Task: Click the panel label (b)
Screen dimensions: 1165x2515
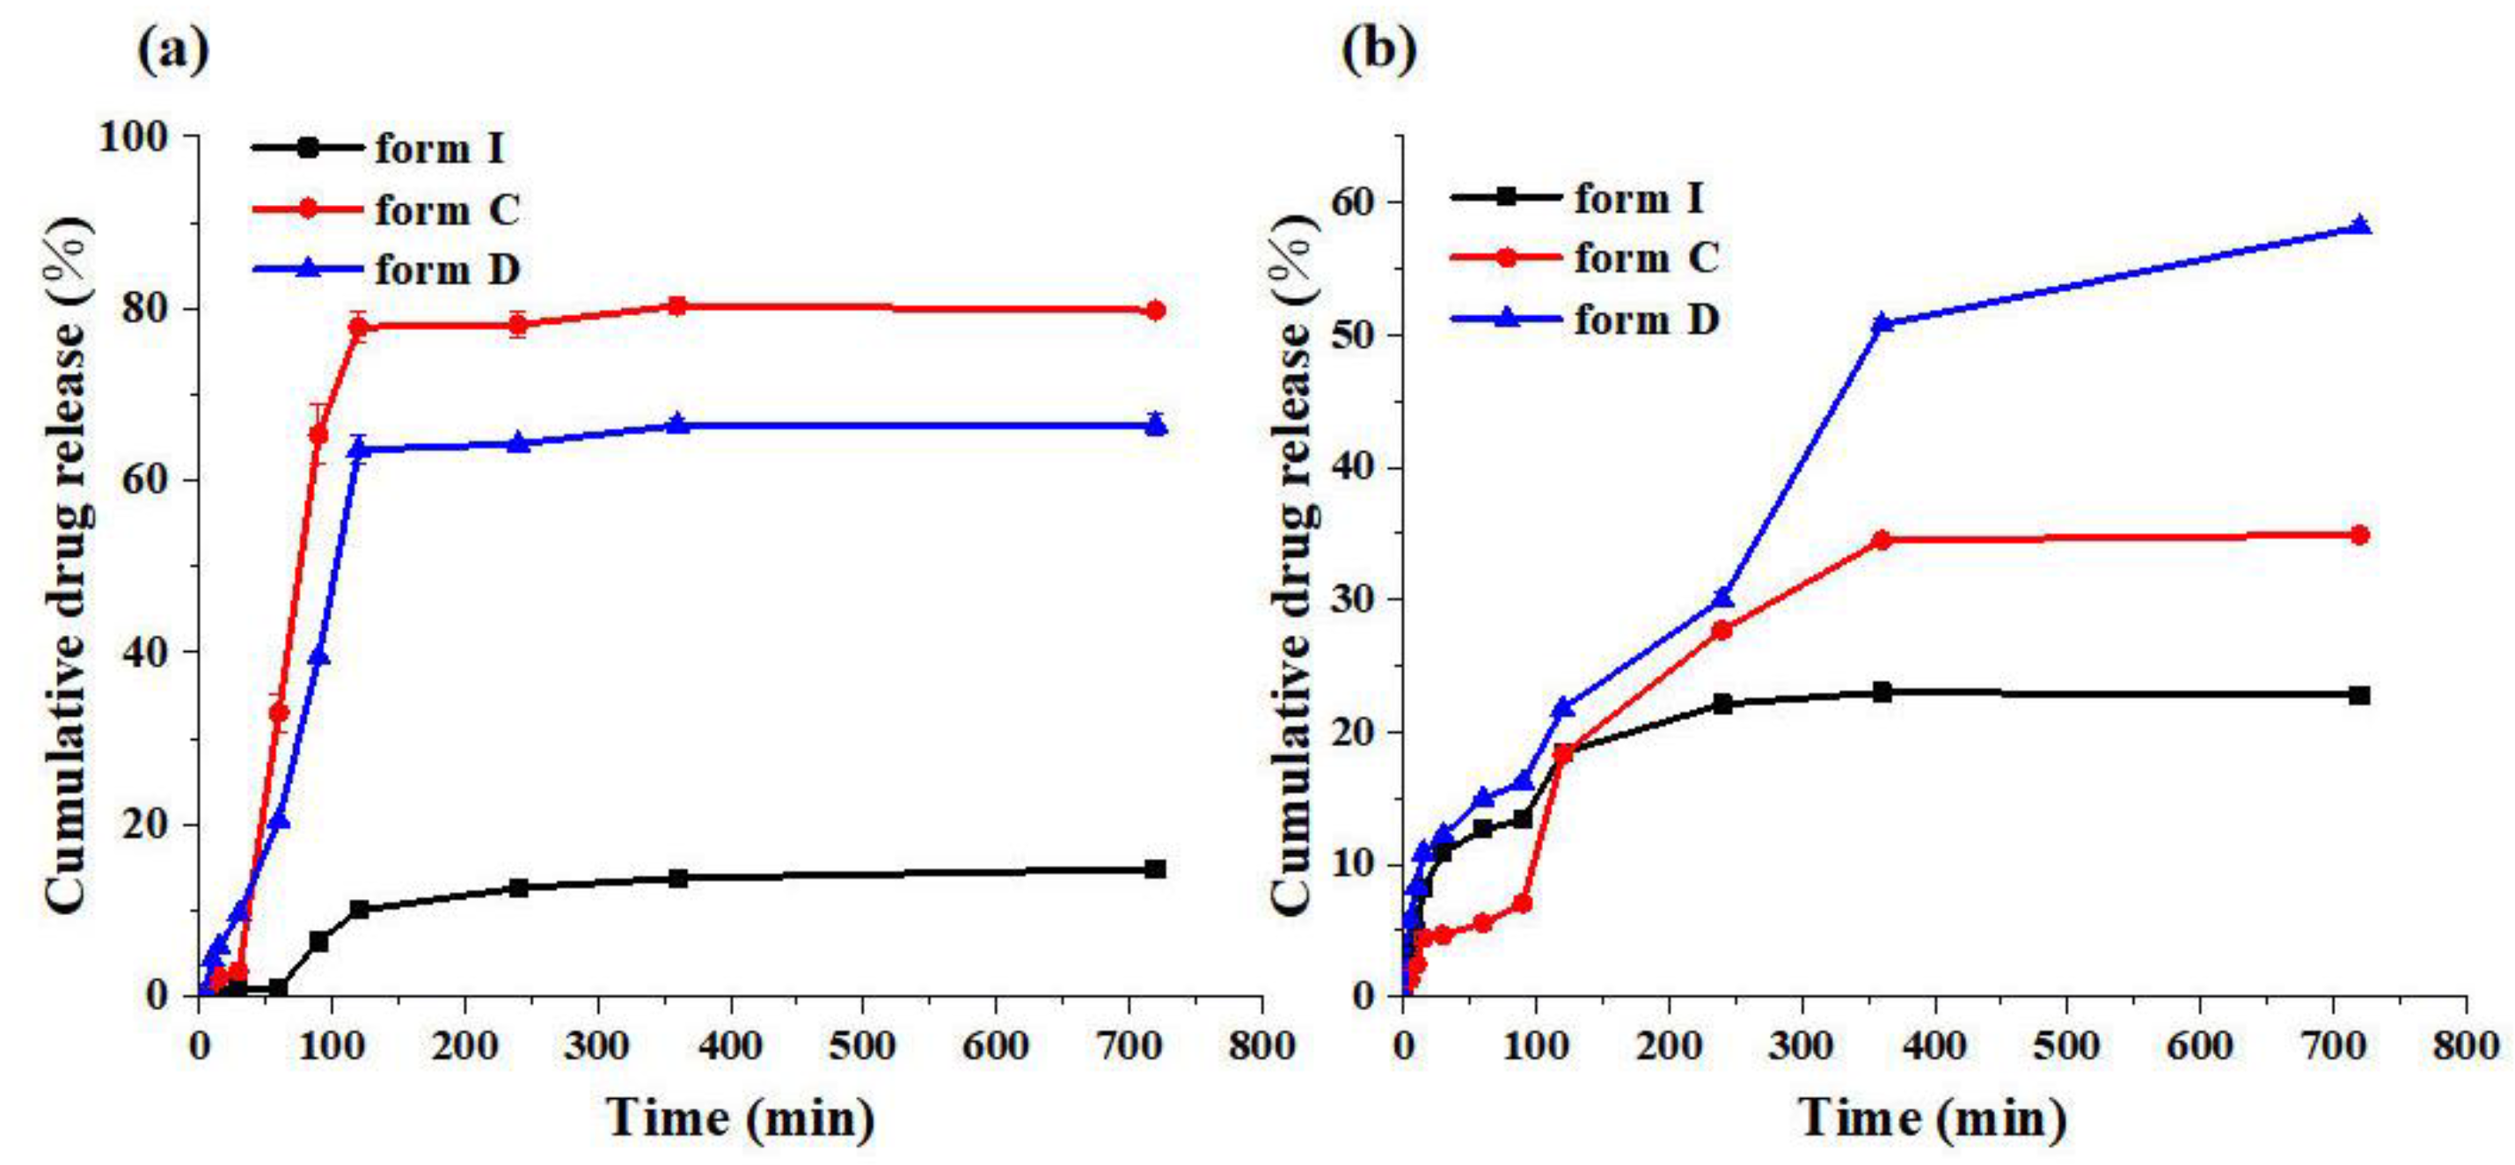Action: coord(1378,51)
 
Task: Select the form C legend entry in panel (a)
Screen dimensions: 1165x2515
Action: coord(385,209)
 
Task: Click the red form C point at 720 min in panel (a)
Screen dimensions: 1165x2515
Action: coord(1155,311)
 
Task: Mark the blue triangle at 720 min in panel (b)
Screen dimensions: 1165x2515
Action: coord(2360,225)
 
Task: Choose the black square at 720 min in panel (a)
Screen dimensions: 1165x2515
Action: coord(1155,868)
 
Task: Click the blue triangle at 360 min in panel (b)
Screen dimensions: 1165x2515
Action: coord(1883,323)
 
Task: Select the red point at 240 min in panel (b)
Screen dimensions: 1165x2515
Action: coord(1722,631)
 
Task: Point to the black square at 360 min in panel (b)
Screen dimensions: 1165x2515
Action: coord(1883,692)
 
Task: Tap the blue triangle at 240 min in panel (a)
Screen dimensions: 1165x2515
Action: coord(518,443)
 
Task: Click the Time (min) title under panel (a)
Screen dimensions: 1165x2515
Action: coord(740,1117)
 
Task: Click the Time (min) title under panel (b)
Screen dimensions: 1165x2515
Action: coord(1934,1117)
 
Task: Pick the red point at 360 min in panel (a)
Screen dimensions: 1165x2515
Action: coord(677,305)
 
